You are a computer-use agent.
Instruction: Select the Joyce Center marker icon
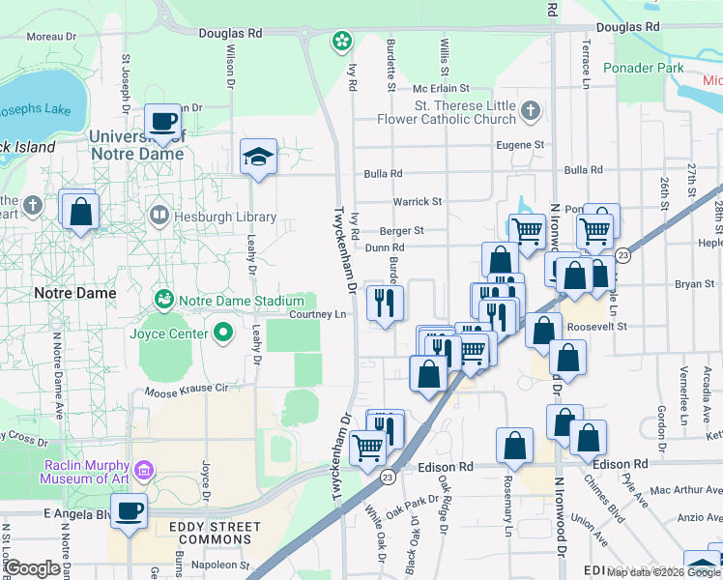(224, 334)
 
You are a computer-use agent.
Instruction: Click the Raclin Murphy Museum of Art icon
(144, 472)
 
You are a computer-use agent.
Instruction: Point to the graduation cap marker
(258, 158)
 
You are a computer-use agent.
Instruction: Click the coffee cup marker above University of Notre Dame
(162, 122)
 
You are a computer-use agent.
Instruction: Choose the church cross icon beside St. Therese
(530, 112)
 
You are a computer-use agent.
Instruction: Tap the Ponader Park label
(643, 68)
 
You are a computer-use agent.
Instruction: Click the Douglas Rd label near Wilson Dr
(231, 32)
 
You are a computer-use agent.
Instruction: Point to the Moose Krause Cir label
(186, 391)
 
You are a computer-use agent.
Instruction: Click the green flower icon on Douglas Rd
(341, 41)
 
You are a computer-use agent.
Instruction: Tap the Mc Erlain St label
(440, 88)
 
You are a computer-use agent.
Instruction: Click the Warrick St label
(418, 202)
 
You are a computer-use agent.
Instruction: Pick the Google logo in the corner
(32, 568)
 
